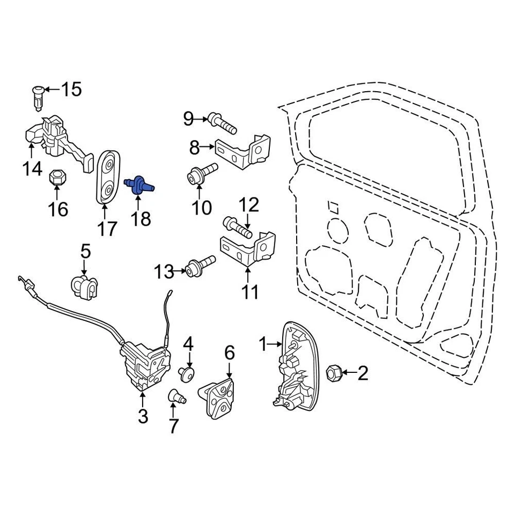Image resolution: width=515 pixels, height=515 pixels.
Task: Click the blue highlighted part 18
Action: click(139, 185)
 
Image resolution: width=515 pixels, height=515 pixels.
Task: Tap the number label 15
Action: click(71, 90)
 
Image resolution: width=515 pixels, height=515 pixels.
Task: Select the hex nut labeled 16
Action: click(56, 178)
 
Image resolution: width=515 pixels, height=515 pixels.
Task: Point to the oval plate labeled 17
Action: click(107, 177)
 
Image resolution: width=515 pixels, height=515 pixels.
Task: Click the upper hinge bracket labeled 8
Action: click(247, 149)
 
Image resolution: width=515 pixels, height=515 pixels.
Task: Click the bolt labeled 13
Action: click(201, 266)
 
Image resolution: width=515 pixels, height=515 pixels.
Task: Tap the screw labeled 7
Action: click(176, 398)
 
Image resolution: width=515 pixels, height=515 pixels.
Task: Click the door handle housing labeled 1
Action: click(296, 365)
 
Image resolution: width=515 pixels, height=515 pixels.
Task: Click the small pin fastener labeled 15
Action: click(38, 97)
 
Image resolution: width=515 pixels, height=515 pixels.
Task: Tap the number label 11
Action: click(250, 292)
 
